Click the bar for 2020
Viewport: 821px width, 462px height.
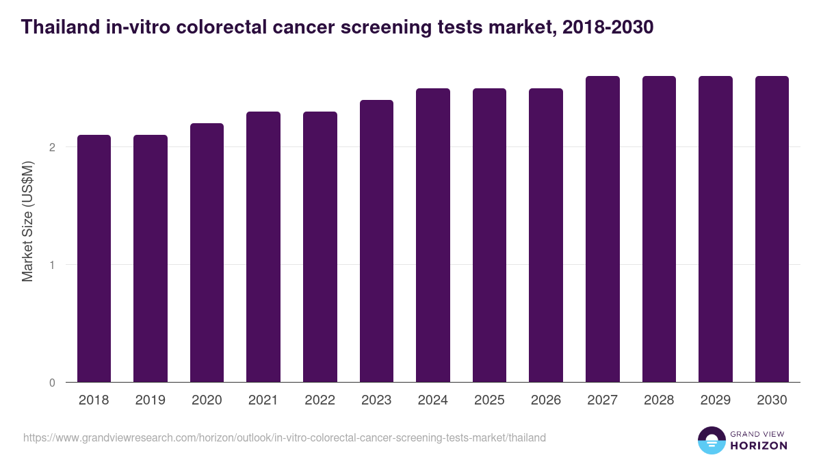[207, 253]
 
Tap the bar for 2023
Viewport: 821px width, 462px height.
[376, 241]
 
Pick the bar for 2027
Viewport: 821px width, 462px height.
[603, 229]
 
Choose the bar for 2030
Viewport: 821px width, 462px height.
[772, 229]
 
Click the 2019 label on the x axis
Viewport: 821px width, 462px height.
[150, 400]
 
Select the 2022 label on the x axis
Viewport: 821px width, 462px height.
[320, 400]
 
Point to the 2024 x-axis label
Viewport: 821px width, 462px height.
[432, 400]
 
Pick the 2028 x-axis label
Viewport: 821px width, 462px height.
[659, 400]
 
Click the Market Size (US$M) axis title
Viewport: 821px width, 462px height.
[27, 220]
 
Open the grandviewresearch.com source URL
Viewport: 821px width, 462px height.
[285, 437]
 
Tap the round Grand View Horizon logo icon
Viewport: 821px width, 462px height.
[712, 440]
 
